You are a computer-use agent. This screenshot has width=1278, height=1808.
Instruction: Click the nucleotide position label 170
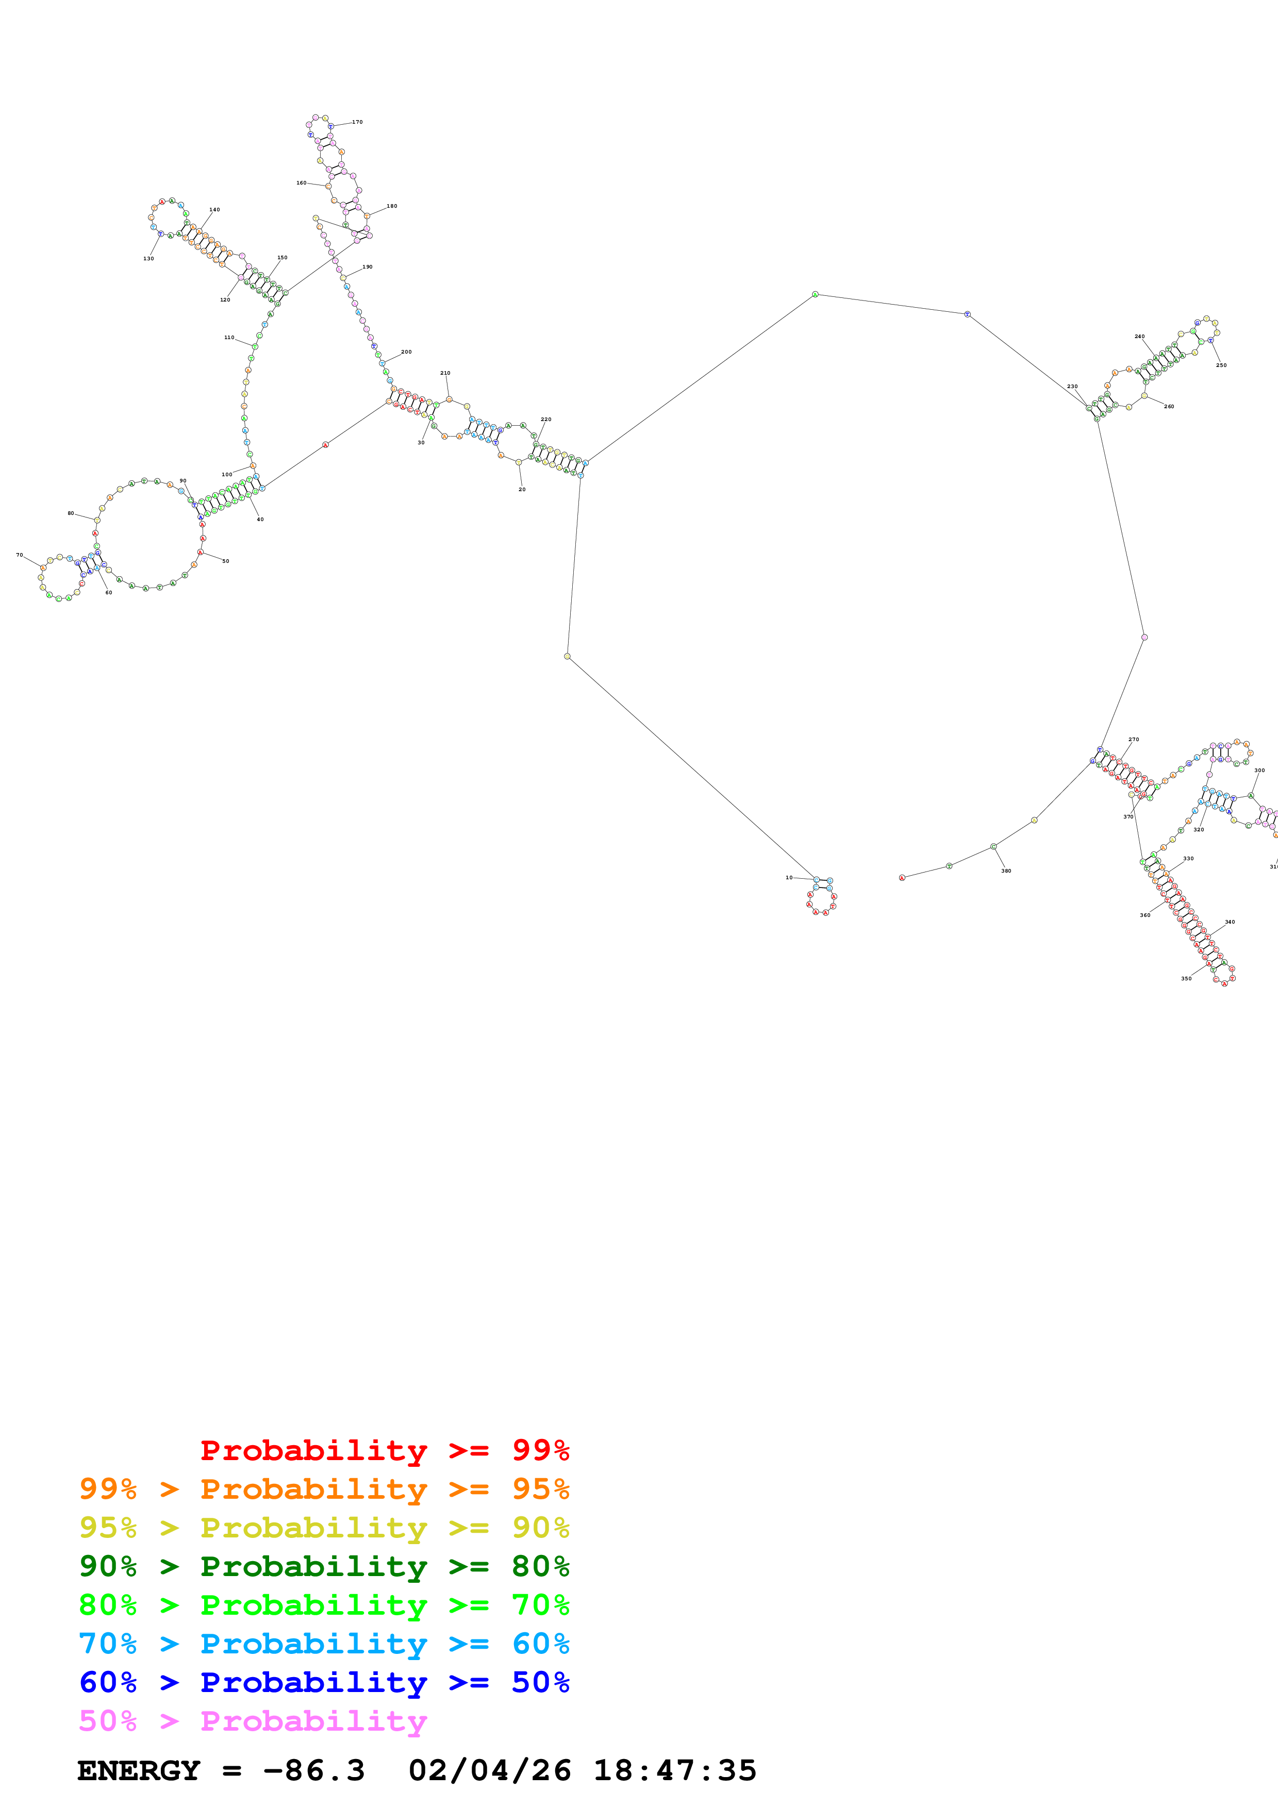coord(357,122)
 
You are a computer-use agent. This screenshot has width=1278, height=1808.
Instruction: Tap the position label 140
coord(214,209)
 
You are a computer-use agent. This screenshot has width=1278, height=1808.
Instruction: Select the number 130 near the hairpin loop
coord(148,258)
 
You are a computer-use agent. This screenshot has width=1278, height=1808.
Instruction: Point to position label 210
coord(445,373)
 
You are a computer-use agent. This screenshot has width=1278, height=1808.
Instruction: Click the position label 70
coord(20,555)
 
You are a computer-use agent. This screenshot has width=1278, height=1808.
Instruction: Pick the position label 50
coord(225,561)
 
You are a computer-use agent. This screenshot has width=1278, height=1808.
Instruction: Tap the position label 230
coord(1072,387)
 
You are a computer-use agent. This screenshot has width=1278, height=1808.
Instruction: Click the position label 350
coord(1186,979)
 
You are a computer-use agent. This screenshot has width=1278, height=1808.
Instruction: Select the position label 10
coord(789,877)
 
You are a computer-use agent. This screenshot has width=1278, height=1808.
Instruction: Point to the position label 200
coord(406,352)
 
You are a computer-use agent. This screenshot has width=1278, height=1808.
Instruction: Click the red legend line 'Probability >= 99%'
coord(384,1450)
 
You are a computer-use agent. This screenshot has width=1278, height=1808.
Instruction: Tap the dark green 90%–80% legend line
coord(324,1566)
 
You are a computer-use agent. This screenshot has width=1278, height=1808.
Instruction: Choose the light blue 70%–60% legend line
coord(324,1644)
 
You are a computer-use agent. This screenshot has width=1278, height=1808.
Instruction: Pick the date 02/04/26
coord(489,1770)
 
